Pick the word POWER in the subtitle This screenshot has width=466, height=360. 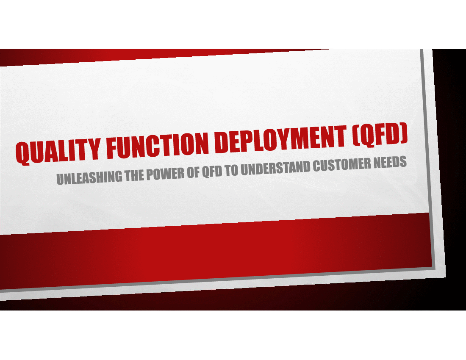[165, 174]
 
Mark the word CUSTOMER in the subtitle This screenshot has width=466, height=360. [342, 165]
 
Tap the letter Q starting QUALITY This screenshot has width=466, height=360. [22, 153]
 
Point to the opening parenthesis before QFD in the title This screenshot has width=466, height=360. [356, 136]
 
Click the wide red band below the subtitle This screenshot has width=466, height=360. [217, 252]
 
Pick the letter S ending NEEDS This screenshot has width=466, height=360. [403, 162]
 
